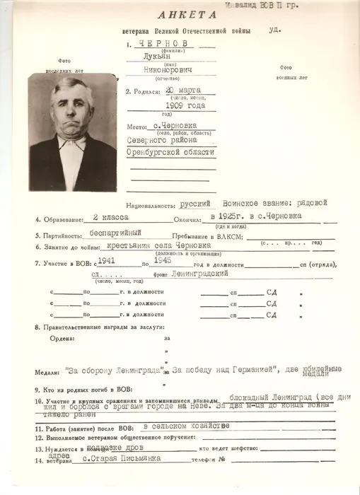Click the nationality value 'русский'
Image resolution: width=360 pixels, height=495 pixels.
pos(197,203)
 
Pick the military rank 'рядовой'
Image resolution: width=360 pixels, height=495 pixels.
pos(312,203)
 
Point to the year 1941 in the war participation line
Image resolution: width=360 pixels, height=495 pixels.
pos(110,261)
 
